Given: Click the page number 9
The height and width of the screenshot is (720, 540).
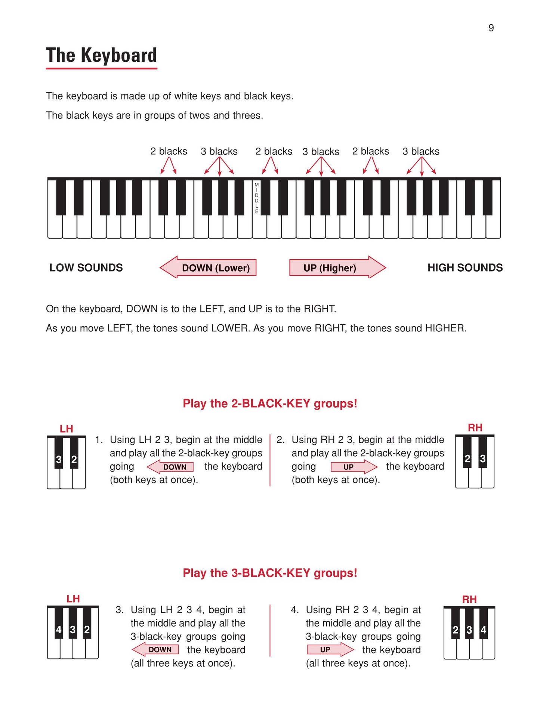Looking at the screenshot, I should click(491, 28).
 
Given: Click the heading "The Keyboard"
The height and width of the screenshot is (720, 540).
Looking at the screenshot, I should click(101, 55).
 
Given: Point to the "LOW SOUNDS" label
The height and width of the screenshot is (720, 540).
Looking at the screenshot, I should click(86, 268).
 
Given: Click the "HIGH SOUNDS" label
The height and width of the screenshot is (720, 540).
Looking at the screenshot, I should click(465, 268).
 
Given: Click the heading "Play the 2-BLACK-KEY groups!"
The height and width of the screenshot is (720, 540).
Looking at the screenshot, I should click(270, 404).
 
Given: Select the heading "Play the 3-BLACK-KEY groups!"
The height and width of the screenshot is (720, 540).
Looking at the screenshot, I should click(270, 573).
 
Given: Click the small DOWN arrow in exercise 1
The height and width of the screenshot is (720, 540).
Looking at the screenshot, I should click(171, 467).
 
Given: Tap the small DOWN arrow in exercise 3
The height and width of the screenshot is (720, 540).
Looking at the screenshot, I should click(156, 649).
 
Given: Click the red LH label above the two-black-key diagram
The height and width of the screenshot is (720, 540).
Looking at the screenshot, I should click(66, 429).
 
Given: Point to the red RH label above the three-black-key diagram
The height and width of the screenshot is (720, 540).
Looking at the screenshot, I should click(469, 599).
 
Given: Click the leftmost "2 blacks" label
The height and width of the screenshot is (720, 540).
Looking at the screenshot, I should click(169, 151).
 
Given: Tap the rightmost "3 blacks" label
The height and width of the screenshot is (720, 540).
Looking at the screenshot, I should click(421, 151).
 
